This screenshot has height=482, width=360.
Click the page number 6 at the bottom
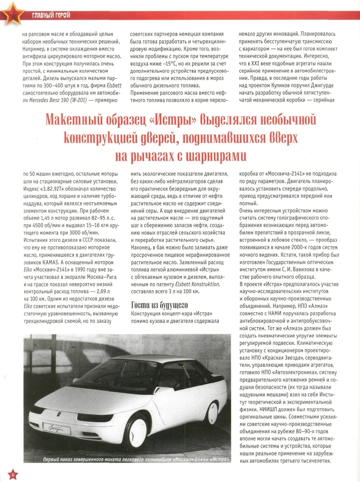[x=13, y=475]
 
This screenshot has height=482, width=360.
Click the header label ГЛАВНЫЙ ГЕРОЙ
[x=51, y=16]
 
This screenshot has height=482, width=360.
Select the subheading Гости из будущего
[x=160, y=305]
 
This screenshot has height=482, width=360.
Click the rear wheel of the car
[x=213, y=412]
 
